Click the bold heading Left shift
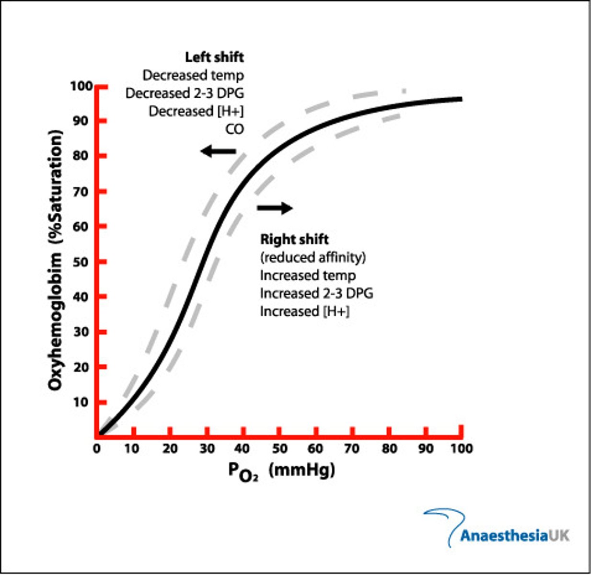pos(214,57)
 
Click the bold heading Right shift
pos(294,239)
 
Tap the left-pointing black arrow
pos(218,151)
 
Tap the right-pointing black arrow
pos(275,207)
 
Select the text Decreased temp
pos(193,75)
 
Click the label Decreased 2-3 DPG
pos(185,93)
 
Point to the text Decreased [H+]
pos(196,111)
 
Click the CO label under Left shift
pos(234,129)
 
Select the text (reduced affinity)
pos(313,257)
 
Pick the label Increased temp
pos(308,276)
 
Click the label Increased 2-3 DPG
pos(316,293)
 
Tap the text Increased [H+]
pos(305,311)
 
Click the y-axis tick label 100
pos(81,86)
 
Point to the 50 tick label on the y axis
pos(81,262)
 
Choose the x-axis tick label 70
pos(352,449)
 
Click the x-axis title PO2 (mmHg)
pos(281,471)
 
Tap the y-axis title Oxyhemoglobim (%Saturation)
pos(56,259)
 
